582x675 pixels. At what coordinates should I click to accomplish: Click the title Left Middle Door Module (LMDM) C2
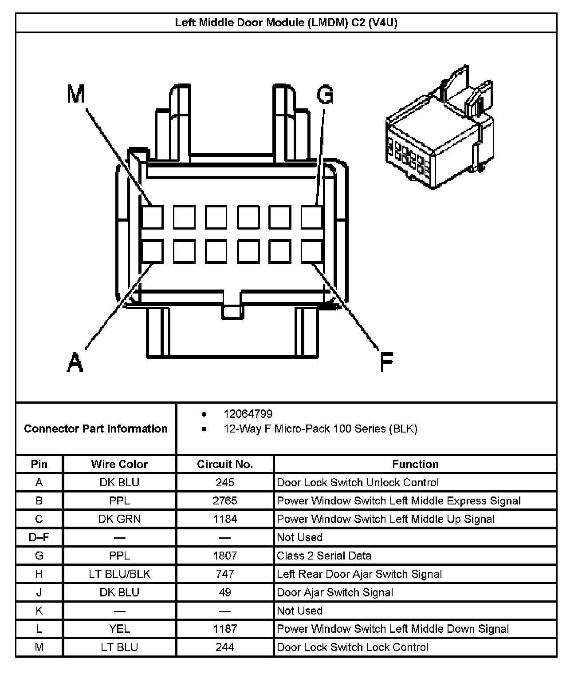pyautogui.click(x=286, y=23)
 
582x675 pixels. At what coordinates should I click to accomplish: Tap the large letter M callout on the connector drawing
pyautogui.click(x=76, y=94)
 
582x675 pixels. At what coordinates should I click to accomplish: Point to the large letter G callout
pyautogui.click(x=325, y=95)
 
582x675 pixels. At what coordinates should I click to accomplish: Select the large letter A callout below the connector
pyautogui.click(x=75, y=361)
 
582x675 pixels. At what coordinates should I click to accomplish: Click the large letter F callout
pyautogui.click(x=386, y=361)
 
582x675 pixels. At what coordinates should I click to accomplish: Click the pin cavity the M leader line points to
pyautogui.click(x=153, y=217)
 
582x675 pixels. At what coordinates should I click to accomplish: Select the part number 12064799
pyautogui.click(x=248, y=414)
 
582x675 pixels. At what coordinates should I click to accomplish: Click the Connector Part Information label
pyautogui.click(x=96, y=429)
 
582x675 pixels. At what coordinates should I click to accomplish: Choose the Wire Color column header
pyautogui.click(x=119, y=464)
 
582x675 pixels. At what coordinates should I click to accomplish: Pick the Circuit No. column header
pyautogui.click(x=225, y=464)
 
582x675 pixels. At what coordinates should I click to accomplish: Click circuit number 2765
pyautogui.click(x=225, y=501)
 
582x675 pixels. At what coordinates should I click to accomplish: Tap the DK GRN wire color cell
pyautogui.click(x=119, y=519)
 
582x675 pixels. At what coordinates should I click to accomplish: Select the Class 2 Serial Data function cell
pyautogui.click(x=324, y=556)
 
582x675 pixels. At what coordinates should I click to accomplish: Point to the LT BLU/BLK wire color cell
pyautogui.click(x=119, y=574)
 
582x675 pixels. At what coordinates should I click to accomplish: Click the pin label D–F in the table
pyautogui.click(x=39, y=537)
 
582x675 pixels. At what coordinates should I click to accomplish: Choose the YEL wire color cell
pyautogui.click(x=119, y=629)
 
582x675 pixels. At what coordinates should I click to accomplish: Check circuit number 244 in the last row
pyautogui.click(x=225, y=647)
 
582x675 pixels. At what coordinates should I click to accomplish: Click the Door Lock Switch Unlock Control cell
pyautogui.click(x=358, y=483)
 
